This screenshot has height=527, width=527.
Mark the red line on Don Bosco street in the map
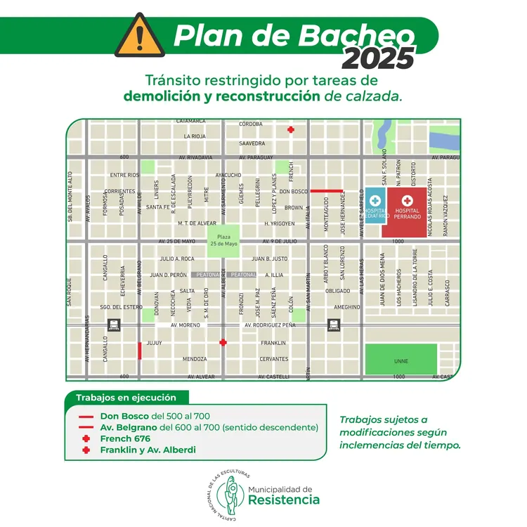point(326,190)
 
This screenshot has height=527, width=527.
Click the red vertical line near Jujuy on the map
point(140,350)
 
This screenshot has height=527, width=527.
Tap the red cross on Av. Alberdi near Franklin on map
point(223,342)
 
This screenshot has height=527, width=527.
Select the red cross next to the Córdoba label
point(291,129)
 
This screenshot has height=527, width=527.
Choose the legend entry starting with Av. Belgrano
point(209,427)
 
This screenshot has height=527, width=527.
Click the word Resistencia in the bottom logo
point(283,500)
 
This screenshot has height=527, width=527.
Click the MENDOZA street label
point(195,359)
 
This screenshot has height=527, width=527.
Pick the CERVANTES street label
point(274,359)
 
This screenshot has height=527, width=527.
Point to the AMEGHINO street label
point(347,307)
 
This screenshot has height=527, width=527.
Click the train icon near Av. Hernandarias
point(112,325)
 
